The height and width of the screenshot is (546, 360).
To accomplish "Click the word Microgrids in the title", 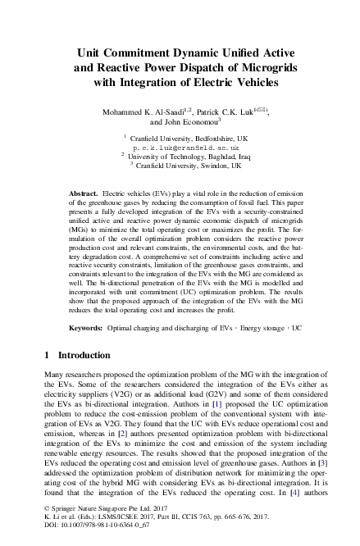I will click(267, 66).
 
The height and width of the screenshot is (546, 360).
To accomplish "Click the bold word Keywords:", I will click(86, 327).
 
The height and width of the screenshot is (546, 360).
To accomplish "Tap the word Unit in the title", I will click(93, 51).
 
